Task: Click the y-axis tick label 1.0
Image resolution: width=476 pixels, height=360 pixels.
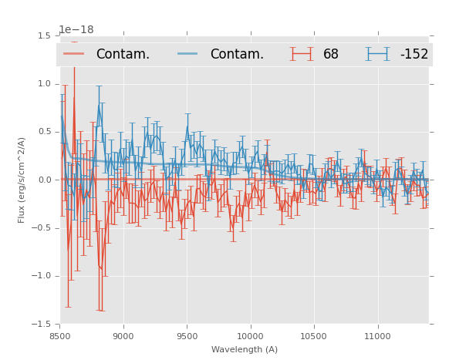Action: pos(45,84)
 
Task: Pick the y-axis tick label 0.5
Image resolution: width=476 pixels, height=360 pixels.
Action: pos(45,132)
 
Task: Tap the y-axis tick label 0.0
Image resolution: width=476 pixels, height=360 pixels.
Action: pos(45,180)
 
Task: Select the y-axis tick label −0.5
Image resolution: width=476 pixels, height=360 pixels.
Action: pos(42,228)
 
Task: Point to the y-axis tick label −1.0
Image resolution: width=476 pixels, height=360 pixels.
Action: pos(42,276)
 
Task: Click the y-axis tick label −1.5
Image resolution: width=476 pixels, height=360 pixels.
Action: pos(42,324)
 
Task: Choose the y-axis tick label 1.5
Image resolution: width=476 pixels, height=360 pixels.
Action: pos(45,36)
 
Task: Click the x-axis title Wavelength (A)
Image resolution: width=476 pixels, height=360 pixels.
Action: pos(245,350)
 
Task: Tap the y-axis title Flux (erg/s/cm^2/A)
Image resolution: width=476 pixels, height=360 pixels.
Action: pos(22,180)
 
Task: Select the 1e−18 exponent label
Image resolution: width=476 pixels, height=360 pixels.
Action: pos(76,30)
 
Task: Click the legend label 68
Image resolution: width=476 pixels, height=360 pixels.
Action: pos(331,55)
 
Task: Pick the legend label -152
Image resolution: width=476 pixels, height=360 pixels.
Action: pos(414,55)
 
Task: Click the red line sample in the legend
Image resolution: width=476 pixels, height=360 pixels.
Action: pos(74,54)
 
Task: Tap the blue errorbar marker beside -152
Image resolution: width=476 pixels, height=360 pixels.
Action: pos(377,54)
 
